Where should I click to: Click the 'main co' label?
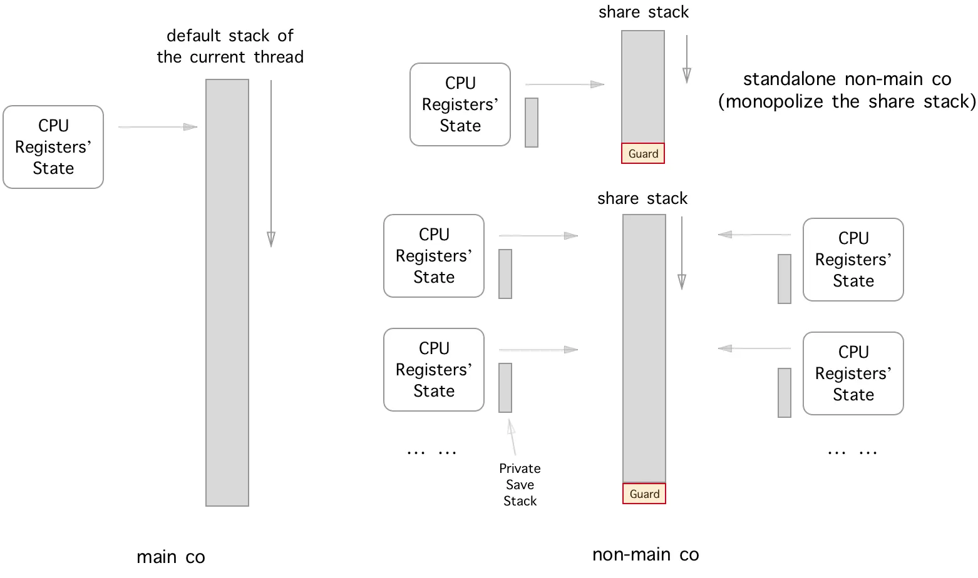171,557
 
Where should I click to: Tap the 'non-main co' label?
646,554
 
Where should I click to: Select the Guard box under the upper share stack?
643,153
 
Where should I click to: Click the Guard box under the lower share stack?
644,494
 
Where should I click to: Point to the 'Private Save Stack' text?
520,485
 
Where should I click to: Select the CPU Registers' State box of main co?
53,147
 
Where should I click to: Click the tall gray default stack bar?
227,293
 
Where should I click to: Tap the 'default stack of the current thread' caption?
230,46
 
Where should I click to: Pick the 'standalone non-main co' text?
847,79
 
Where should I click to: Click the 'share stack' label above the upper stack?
644,12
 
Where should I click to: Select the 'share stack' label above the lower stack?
642,198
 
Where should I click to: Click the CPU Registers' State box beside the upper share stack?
460,104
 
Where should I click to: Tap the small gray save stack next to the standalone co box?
532,123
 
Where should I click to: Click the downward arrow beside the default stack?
271,164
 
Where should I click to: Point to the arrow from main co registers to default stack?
158,127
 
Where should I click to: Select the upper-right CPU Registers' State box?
853,260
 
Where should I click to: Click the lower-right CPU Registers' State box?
853,373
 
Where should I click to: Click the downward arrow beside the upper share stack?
687,59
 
